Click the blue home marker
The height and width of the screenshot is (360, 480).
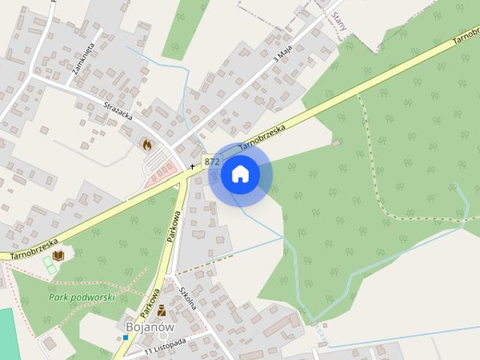click(240, 175)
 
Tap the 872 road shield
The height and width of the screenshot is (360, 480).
click(211, 161)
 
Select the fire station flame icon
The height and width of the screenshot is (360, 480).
click(147, 142)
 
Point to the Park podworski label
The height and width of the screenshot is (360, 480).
click(81, 297)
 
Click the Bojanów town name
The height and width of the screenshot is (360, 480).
click(150, 328)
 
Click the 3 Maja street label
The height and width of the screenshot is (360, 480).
click(282, 53)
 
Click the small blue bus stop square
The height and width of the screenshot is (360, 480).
click(126, 337)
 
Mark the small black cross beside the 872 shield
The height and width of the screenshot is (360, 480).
click(193, 164)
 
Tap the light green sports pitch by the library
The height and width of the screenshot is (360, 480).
click(49, 264)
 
